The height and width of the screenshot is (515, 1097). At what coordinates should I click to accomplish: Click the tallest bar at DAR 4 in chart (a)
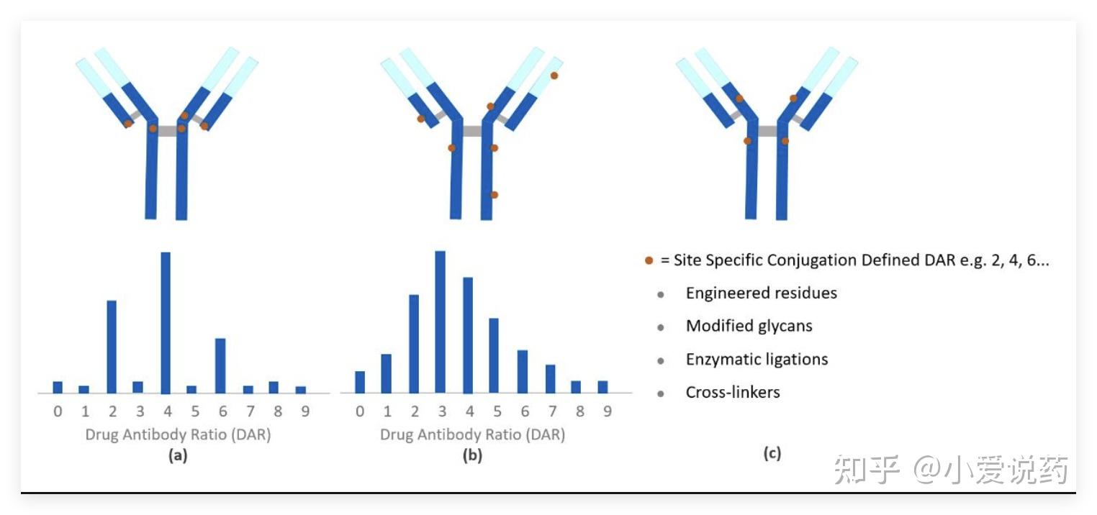coord(166,324)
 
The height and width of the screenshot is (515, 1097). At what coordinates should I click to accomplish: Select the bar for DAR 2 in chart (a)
coord(112,347)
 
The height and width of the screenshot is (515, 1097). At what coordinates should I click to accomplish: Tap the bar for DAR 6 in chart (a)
coord(220,365)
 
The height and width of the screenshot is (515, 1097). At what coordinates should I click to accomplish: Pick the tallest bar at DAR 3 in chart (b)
coord(441,322)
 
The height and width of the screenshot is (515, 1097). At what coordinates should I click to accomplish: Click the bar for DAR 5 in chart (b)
coord(494,355)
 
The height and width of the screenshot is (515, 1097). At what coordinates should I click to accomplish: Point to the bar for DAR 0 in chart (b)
coord(360,382)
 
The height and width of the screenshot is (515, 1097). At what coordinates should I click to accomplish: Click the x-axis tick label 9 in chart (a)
coord(302,412)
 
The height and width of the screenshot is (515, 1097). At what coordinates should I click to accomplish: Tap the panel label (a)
coord(178,455)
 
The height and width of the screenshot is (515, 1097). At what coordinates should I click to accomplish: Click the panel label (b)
coord(472,455)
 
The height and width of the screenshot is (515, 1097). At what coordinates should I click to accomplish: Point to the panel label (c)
coord(772,453)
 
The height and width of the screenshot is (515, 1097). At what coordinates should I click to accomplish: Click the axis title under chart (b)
coord(472,434)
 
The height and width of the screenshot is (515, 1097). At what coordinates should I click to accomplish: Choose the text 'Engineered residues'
coord(761,293)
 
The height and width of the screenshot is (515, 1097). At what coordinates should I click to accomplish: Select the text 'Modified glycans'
coord(749,327)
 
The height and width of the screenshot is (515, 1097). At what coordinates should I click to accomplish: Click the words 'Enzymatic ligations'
coord(757,360)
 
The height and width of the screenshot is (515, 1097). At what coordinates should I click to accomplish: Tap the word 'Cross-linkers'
coord(733,393)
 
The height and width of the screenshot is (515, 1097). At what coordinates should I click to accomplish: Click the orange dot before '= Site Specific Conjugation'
coord(649,261)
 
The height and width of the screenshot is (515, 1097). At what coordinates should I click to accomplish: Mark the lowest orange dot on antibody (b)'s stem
coord(494,195)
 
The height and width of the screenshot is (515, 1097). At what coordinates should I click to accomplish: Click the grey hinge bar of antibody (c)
coord(767,131)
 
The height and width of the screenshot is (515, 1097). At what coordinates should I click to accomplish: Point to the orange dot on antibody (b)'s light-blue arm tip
coord(554,76)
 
